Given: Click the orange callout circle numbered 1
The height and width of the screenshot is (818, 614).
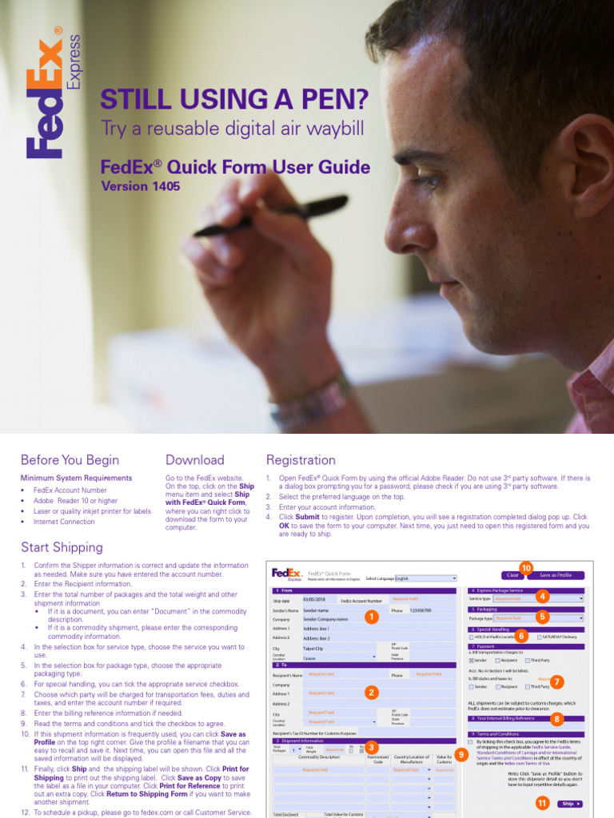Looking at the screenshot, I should (x=370, y=617).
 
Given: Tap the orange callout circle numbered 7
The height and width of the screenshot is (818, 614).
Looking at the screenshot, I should (x=557, y=681).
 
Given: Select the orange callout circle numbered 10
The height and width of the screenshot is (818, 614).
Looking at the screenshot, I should (x=525, y=567).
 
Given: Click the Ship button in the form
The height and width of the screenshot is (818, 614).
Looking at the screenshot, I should (x=569, y=804).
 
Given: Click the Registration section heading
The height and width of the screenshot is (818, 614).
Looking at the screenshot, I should (x=301, y=460).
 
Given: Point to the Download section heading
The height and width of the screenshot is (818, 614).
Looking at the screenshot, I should (x=194, y=460).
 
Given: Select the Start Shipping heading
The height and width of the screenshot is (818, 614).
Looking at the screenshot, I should (x=62, y=547).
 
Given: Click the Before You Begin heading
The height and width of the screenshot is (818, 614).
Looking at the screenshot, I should (x=70, y=460).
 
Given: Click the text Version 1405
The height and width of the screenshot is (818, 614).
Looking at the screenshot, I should (x=141, y=187).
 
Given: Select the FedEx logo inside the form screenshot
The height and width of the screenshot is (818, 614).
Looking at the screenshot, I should (x=285, y=574).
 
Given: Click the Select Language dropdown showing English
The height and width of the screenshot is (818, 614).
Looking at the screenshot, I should (x=425, y=578).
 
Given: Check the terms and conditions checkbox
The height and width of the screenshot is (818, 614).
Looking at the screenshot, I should (x=470, y=741).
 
